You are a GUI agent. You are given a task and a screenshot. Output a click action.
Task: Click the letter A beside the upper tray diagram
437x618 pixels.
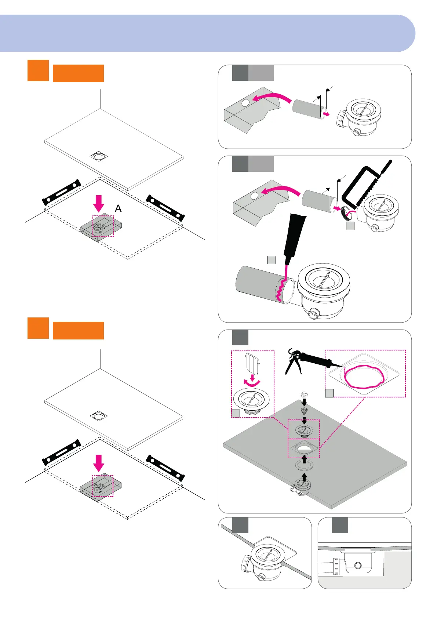tap(118, 208)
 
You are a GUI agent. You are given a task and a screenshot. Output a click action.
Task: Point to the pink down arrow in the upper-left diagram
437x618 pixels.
tap(98, 203)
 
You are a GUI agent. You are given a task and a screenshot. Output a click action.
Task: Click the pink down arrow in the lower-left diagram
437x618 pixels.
tap(98, 463)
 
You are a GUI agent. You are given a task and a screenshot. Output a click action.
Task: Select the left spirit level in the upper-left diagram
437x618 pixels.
tap(62, 192)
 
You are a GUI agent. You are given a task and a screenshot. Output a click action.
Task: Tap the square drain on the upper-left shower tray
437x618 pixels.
tap(99, 156)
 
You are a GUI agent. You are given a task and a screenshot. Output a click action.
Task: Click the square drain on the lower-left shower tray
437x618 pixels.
tap(99, 416)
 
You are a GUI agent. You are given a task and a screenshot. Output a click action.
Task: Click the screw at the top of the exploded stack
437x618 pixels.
tap(304, 395)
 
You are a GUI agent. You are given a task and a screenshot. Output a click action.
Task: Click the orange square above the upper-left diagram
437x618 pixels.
tap(38, 70)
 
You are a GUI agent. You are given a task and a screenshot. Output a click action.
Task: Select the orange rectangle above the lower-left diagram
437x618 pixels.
tap(78, 330)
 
